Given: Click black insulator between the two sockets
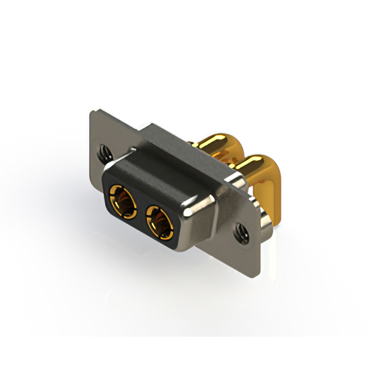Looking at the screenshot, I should click(141, 211).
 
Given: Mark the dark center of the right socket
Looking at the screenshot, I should click(159, 225).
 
